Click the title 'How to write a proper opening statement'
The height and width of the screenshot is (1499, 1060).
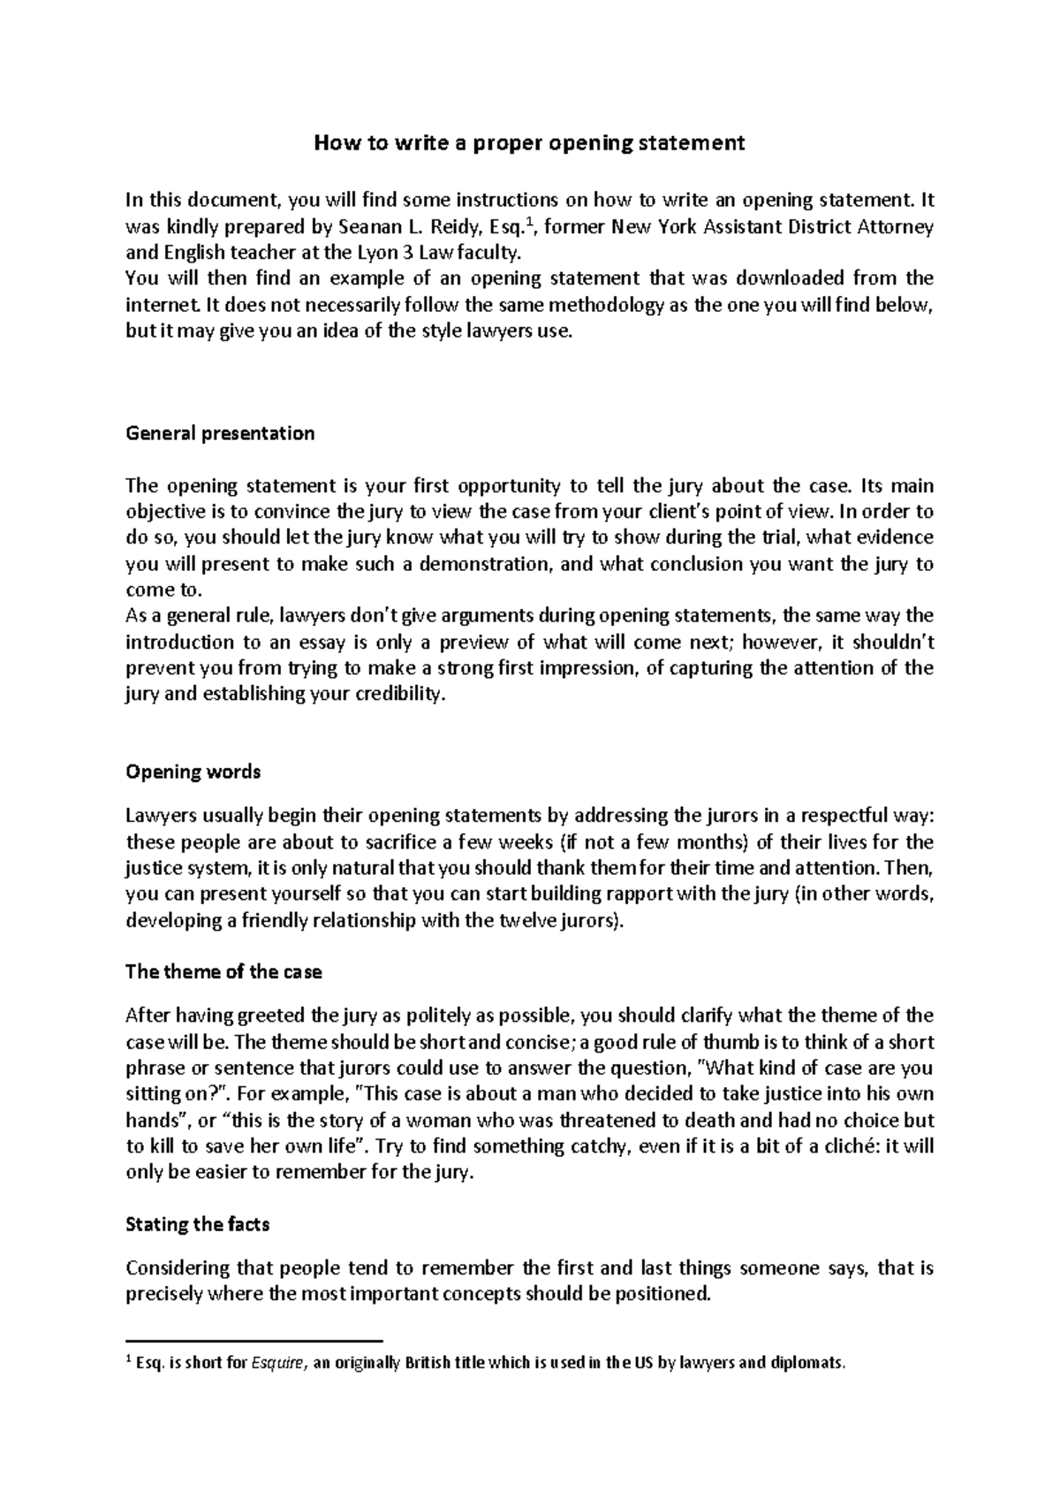tap(530, 143)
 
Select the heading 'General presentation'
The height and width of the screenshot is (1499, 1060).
tap(220, 434)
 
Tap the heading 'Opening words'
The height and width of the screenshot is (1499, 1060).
tap(193, 772)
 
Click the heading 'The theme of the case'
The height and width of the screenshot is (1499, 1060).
tap(223, 972)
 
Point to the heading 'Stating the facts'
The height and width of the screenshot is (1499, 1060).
tap(198, 1225)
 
